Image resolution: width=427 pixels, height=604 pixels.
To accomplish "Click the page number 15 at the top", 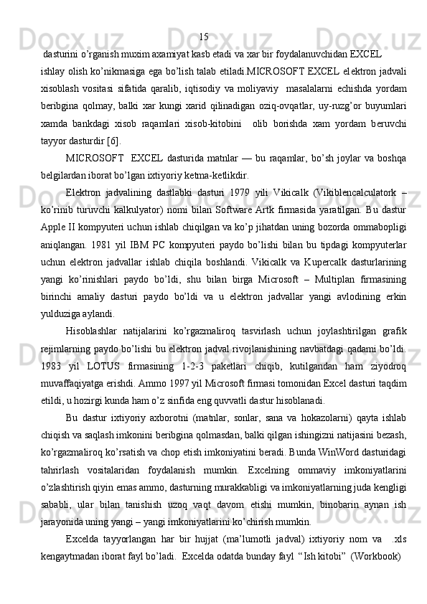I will click(204, 37).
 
